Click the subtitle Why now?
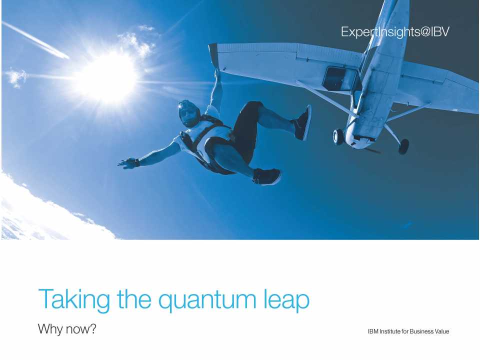click(66, 330)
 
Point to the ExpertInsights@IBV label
click(394, 32)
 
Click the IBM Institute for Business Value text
click(408, 331)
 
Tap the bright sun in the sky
click(107, 76)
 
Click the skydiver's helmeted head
click(189, 114)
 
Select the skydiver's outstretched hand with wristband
click(129, 162)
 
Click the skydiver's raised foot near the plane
click(302, 122)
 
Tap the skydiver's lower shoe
click(267, 176)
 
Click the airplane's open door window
click(339, 78)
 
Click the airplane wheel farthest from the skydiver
click(403, 146)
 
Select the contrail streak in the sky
click(35, 39)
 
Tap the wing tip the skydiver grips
click(214, 55)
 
